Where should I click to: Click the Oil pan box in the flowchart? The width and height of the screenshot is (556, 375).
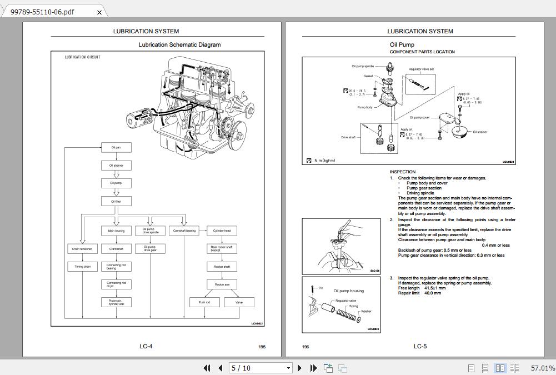coord(116,148)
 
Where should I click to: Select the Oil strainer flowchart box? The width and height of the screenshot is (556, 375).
coord(116,166)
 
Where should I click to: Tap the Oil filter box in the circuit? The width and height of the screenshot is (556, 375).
coord(116,202)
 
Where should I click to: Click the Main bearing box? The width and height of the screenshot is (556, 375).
coord(116,231)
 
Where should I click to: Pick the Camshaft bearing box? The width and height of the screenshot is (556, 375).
coord(184,231)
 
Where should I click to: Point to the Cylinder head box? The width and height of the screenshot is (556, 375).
coord(222,231)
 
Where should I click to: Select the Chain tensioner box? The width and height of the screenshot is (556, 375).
coord(82,249)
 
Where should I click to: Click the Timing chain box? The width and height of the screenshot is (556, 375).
coord(82,267)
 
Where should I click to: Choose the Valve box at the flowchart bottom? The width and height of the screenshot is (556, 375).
coord(239,302)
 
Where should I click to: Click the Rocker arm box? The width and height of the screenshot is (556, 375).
coord(222,284)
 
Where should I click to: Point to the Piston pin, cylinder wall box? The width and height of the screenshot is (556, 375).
coord(116,302)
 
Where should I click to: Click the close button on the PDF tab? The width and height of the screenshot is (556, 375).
coord(99,12)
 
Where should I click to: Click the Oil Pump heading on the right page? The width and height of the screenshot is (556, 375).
coord(402,45)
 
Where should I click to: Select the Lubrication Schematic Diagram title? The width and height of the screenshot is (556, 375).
coord(179,45)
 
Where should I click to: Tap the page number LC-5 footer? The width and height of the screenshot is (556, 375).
coord(420,347)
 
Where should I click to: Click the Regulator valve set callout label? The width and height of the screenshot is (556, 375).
coord(421,69)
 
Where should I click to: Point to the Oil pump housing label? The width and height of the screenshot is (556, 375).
coord(349,291)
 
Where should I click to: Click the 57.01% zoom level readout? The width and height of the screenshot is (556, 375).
coord(542,368)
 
